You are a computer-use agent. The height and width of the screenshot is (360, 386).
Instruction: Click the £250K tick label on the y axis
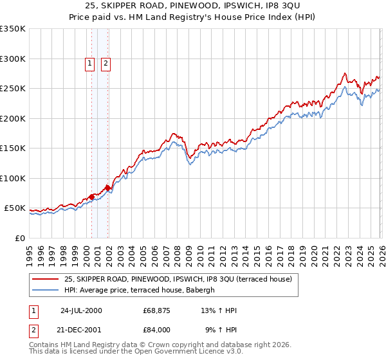coord(13,89)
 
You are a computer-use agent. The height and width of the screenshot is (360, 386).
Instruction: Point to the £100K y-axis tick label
coord(13,179)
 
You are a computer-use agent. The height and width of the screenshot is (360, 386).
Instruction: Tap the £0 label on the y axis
coord(19,239)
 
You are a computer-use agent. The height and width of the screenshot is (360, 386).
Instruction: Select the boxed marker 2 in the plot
coord(105,63)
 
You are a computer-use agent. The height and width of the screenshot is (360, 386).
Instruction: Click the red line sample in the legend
coord(46,279)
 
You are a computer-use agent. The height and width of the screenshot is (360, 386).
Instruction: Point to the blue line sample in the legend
coord(46,290)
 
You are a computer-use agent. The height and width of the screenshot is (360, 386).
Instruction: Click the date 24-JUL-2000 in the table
coord(81,310)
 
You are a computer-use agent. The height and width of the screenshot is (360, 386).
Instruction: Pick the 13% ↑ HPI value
coord(219,310)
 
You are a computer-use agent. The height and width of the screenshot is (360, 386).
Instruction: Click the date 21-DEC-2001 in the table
coord(81,330)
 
